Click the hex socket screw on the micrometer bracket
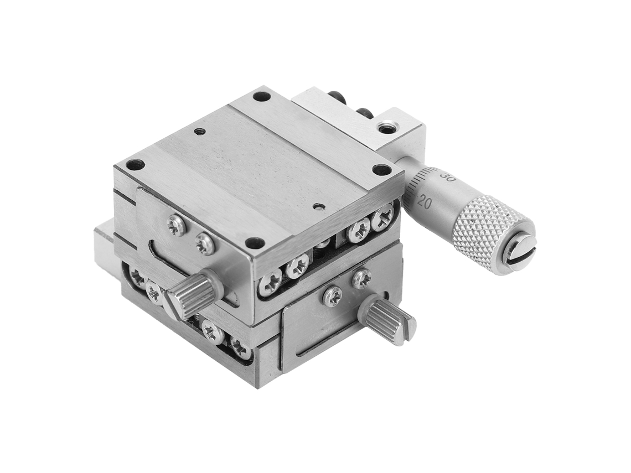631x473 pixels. [x=387, y=127]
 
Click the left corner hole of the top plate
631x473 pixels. [x=135, y=164]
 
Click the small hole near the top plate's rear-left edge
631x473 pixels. [x=198, y=131]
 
